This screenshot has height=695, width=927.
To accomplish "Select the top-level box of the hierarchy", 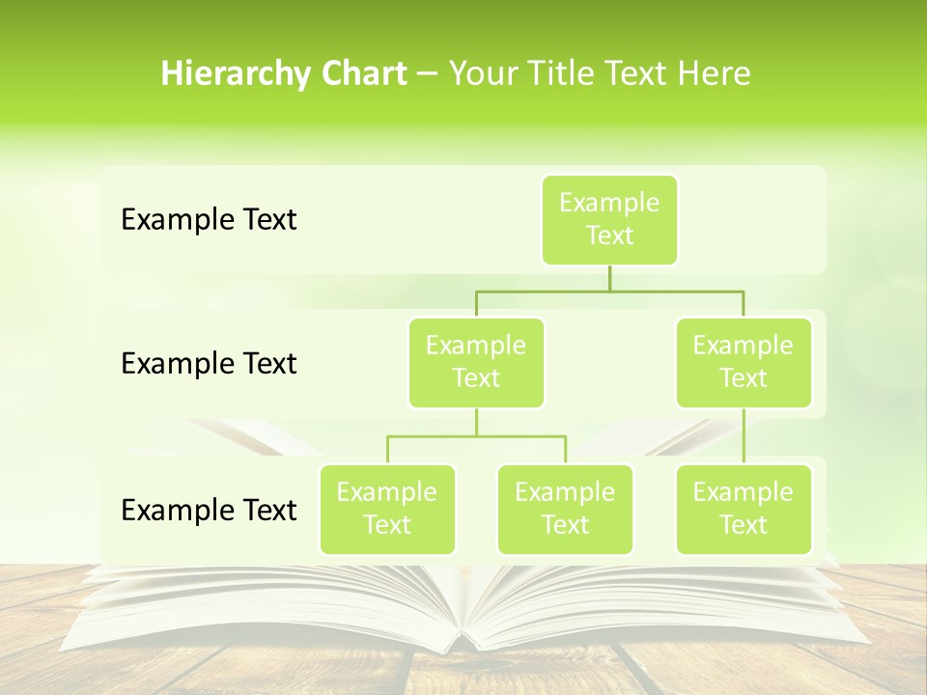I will (609, 219).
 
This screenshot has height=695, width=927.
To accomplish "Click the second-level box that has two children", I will (476, 362).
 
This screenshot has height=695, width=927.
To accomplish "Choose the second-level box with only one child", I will (744, 362).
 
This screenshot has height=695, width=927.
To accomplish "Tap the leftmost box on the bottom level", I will (387, 509).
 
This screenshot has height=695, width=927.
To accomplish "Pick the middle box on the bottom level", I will (565, 509).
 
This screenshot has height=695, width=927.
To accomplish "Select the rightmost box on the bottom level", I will (744, 509).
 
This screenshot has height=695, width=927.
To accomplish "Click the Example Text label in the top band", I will (209, 220).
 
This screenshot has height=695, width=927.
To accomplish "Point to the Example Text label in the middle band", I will (209, 364).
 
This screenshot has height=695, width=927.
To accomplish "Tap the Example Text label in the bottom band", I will (209, 510).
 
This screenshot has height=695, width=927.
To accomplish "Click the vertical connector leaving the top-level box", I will (609, 278).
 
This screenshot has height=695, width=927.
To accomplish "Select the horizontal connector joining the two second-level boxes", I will (609, 291).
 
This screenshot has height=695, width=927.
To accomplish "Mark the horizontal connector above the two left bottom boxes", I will (476, 436).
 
